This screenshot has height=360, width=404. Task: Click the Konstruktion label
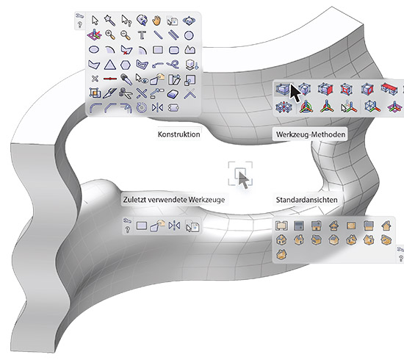[x=178, y=134]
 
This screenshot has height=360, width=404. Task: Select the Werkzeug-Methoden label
[x=311, y=134]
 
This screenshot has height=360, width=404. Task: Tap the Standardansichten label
[x=306, y=200]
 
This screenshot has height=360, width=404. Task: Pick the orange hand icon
[x=156, y=21]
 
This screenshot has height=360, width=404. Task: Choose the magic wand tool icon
[x=109, y=20]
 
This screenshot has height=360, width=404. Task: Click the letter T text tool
[x=142, y=35]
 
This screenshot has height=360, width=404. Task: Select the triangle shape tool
[x=110, y=65]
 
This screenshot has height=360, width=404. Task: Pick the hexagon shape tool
[x=126, y=65]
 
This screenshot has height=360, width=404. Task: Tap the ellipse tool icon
[x=94, y=49]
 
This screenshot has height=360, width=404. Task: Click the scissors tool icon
[x=126, y=93]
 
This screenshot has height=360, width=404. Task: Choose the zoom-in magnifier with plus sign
[x=110, y=35]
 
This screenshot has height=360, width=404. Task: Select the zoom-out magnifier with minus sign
[x=126, y=35]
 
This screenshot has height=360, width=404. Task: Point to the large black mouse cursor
[x=295, y=93]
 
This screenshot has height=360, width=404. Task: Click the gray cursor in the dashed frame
[x=243, y=179]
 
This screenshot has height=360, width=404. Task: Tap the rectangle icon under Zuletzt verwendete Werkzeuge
[x=142, y=226]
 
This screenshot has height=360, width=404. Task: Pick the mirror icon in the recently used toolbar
[x=174, y=226]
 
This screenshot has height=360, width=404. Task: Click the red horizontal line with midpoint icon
[x=110, y=79]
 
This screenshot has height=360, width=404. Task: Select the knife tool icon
[x=109, y=93]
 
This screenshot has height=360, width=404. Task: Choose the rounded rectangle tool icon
[x=174, y=50]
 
